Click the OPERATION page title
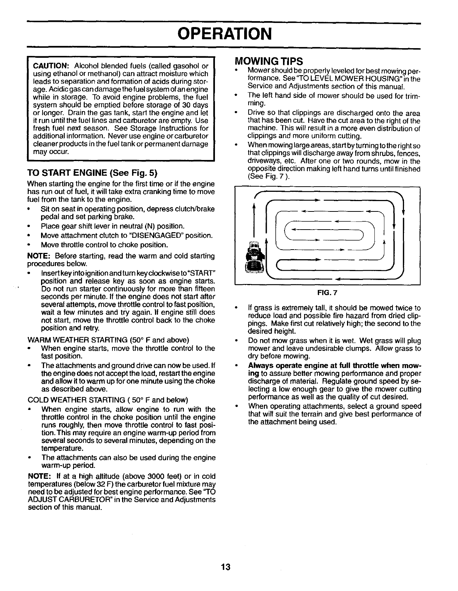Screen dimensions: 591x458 225,34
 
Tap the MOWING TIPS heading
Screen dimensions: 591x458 269,61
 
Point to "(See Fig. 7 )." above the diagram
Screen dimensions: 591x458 269,177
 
